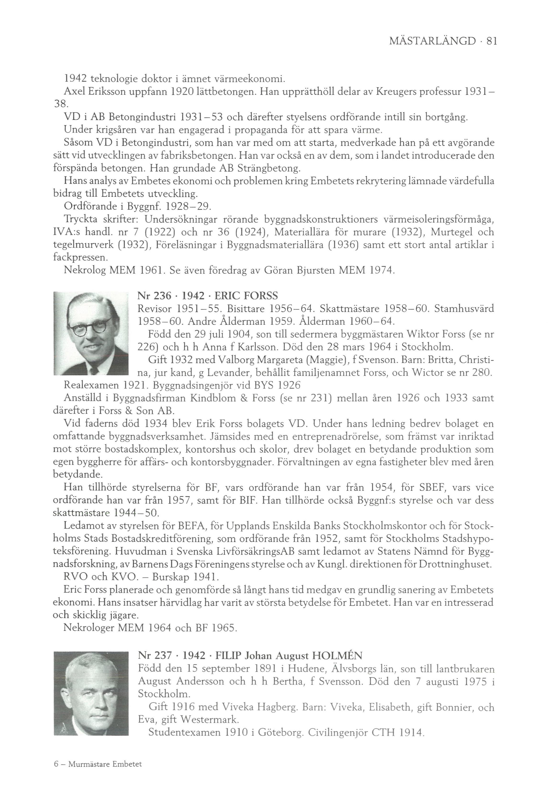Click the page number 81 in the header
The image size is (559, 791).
491,42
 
